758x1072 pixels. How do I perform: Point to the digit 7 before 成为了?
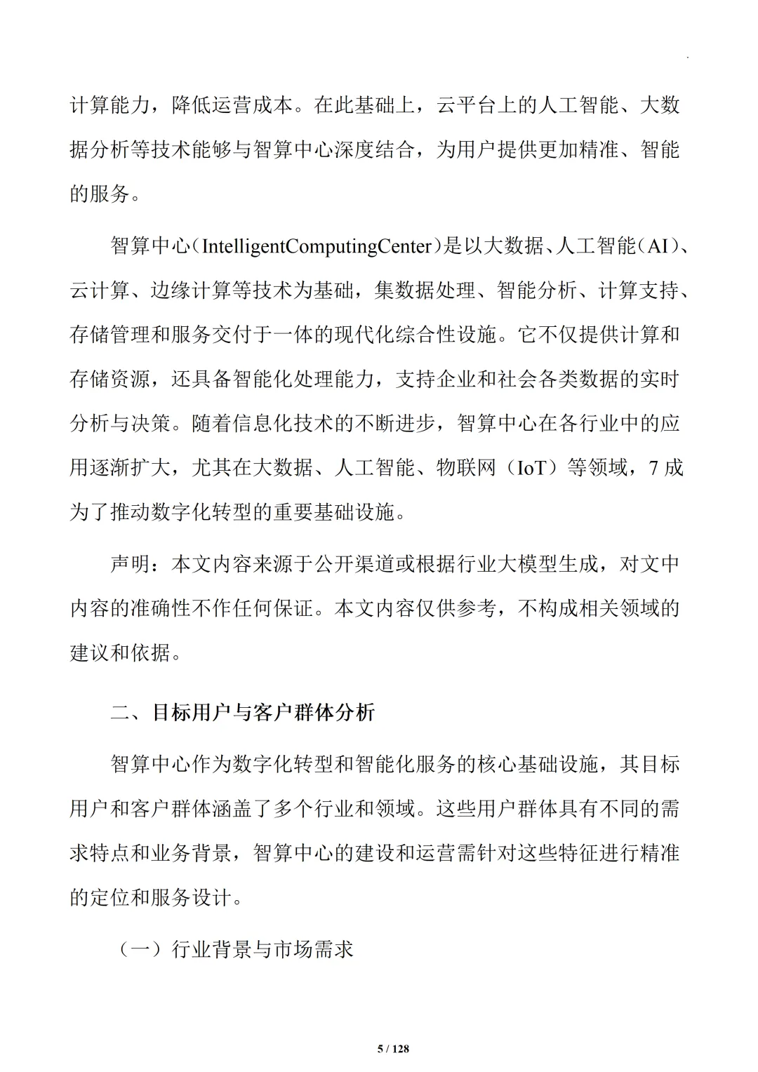click(x=654, y=467)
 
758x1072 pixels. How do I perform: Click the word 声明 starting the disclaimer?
click(x=131, y=563)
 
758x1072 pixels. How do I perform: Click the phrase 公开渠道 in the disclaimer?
click(x=354, y=563)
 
